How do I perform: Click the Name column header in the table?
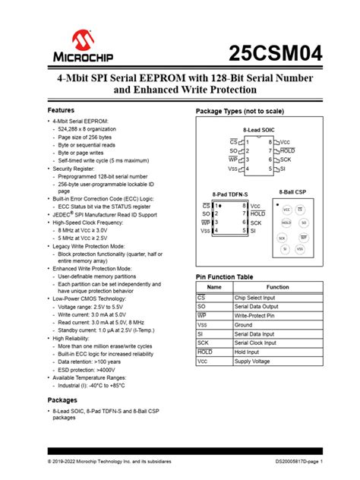click(214, 288)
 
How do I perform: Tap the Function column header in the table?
click(277, 288)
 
